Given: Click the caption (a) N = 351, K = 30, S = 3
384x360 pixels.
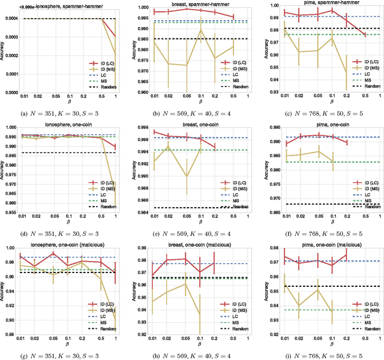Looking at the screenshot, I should pos(64,112).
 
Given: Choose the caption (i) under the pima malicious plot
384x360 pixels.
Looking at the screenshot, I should pos(319,352).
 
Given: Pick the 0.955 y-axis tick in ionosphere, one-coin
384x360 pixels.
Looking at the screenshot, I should pos(11,211).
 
